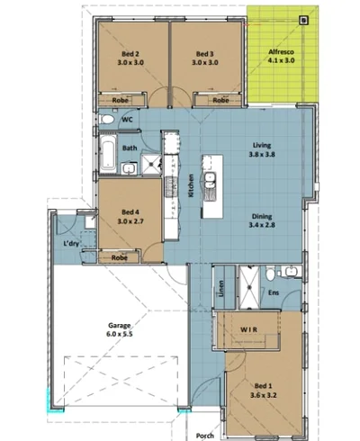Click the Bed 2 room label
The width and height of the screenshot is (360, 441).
tap(131, 59)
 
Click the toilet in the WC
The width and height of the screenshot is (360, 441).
tap(106, 119)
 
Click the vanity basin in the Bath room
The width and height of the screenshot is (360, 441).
tap(129, 168)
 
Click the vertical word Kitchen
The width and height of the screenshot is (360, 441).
tap(191, 185)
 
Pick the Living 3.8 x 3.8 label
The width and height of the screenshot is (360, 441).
tap(262, 149)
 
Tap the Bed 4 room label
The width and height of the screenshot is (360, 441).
tap(131, 215)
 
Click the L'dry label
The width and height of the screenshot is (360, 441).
tap(72, 244)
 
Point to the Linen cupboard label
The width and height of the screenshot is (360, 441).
tap(220, 290)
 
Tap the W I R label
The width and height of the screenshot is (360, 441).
tap(249, 329)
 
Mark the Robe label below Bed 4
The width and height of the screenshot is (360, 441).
tap(118, 257)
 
